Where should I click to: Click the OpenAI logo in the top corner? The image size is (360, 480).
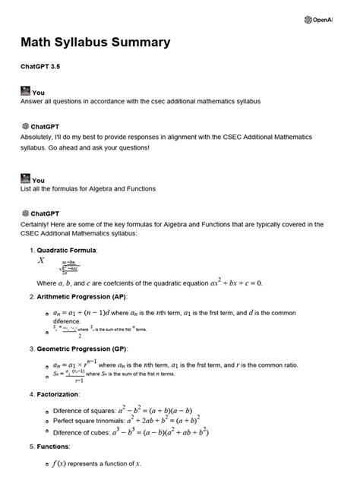click(x=308, y=20)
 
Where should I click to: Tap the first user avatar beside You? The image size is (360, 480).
click(x=25, y=91)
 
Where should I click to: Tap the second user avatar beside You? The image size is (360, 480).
click(x=25, y=179)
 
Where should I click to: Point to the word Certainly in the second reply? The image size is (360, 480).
click(x=39, y=224)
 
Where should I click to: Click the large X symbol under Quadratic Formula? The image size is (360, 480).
click(x=41, y=260)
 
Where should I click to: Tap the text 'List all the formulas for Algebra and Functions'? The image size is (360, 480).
click(x=88, y=188)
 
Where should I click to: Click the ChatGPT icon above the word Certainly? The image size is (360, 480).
click(x=25, y=214)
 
